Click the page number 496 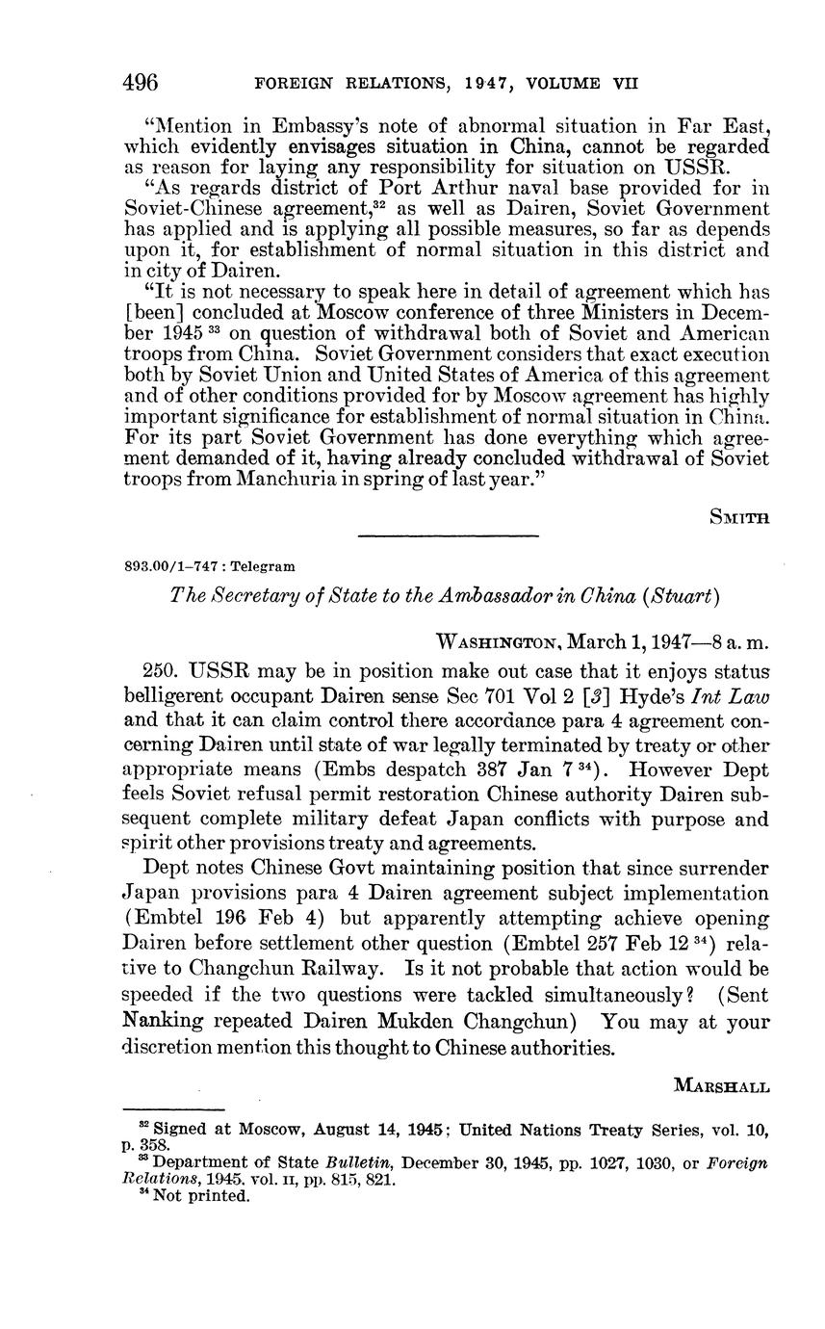pos(141,83)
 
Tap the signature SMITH pos(739,517)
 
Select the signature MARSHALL pos(722,1087)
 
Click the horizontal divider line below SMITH pos(448,534)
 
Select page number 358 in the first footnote pos(157,1146)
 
